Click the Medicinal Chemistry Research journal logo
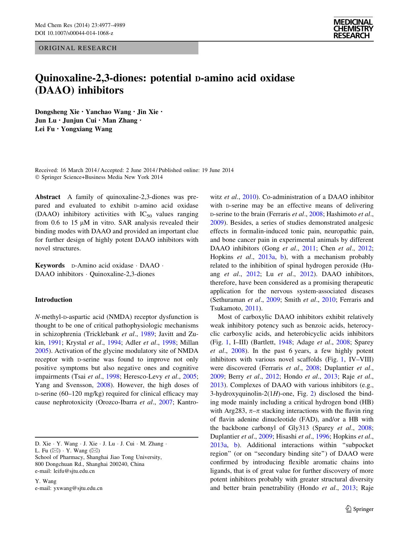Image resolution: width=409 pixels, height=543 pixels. [353, 29]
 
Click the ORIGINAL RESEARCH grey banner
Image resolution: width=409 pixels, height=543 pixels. [116, 48]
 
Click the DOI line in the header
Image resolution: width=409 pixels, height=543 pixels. [74, 33]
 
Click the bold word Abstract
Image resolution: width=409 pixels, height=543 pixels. [47, 197]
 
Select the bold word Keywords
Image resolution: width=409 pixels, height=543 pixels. [50, 266]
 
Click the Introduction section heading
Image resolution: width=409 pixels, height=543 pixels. [53, 300]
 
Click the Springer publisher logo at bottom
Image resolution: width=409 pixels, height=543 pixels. [359, 509]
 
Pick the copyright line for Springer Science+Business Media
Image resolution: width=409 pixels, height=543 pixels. [99, 177]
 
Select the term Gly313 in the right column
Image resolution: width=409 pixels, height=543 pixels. [297, 428]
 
